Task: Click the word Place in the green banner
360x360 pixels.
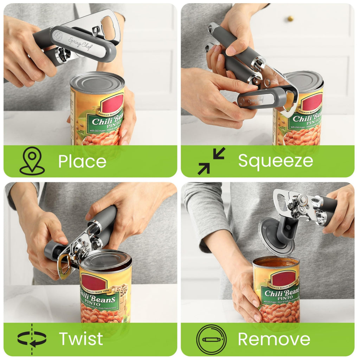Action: coord(82,161)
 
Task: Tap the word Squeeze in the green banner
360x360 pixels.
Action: coord(275,161)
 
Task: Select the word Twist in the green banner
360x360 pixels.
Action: coord(81,339)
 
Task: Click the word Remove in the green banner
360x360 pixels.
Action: coord(274,339)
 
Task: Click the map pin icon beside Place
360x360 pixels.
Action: coord(32,161)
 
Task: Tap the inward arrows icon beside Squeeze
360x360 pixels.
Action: coord(211,161)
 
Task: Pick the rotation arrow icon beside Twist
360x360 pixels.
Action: coord(32,339)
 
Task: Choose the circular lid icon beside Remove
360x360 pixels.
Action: coord(211,339)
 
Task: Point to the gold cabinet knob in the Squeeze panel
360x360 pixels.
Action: coord(290,18)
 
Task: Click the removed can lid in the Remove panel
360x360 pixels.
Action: coord(276,236)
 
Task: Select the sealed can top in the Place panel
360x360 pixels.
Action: coord(97,82)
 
